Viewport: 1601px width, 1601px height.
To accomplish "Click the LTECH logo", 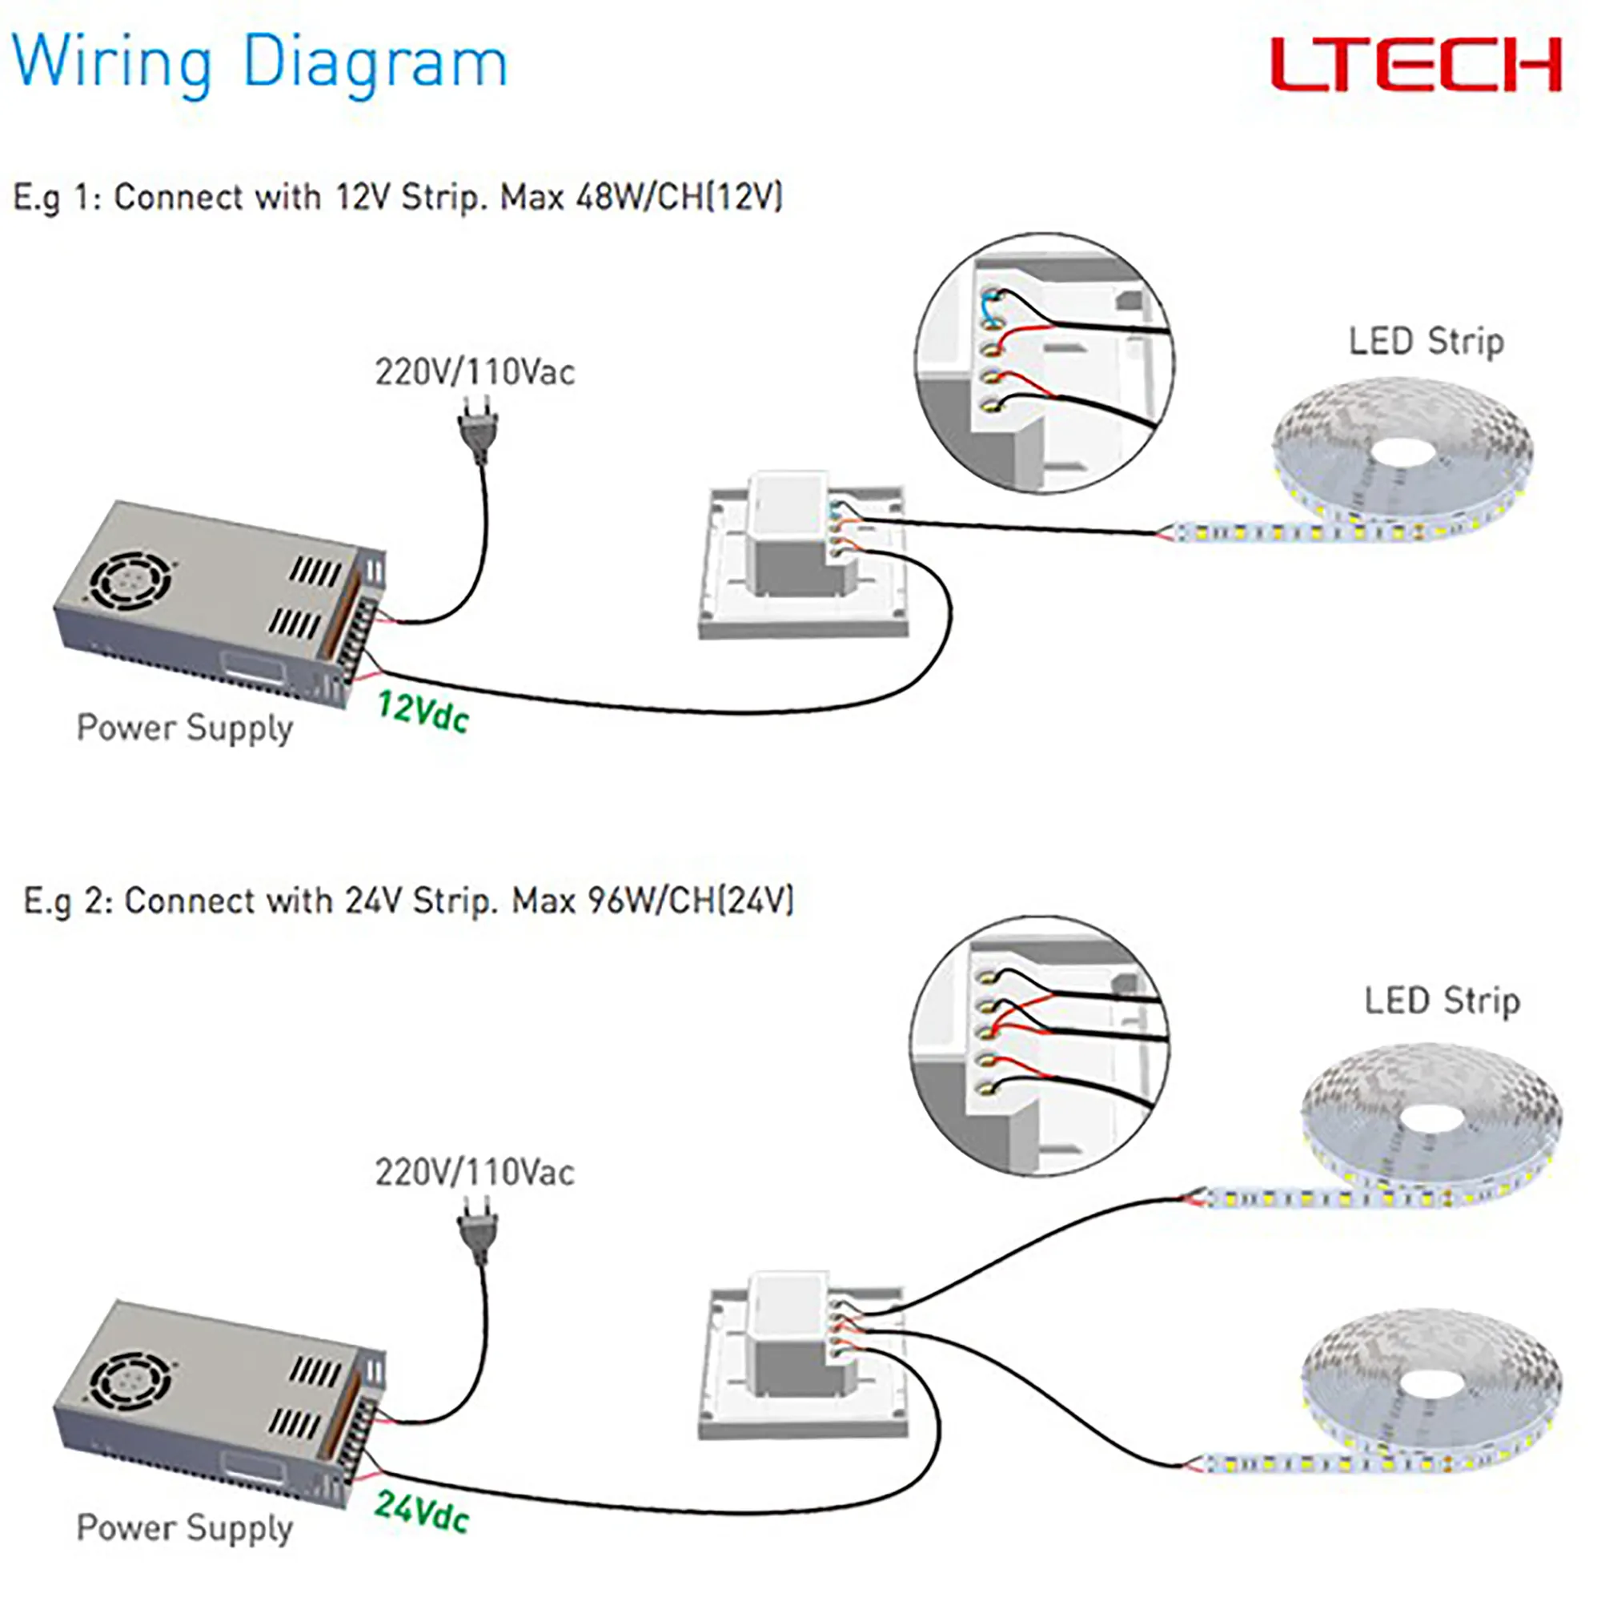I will coord(1415,65).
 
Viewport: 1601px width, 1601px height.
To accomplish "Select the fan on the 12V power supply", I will coord(131,580).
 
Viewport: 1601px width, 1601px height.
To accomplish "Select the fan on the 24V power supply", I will coord(131,1380).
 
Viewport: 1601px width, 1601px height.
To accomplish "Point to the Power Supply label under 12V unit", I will coord(185,728).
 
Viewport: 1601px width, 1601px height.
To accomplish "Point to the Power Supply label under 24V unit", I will coord(185,1528).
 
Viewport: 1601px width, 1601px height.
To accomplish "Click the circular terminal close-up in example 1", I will coord(1043,363).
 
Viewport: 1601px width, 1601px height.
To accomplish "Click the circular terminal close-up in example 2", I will coord(1039,1045).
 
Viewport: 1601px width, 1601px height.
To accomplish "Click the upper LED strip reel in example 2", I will coord(1430,1123).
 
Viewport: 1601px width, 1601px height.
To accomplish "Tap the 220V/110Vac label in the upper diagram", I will coord(475,372).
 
